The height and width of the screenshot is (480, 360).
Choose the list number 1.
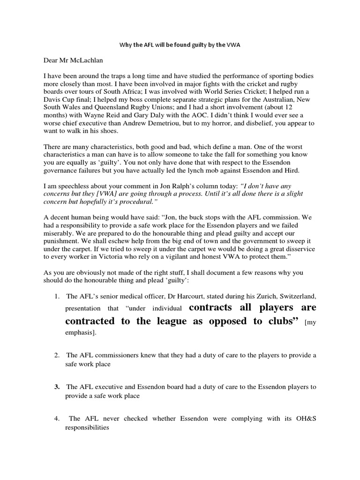pyautogui.click(x=56, y=296)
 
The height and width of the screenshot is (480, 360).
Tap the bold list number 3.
pyautogui.click(x=56, y=387)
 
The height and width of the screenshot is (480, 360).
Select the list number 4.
pyautogui.click(x=56, y=419)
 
